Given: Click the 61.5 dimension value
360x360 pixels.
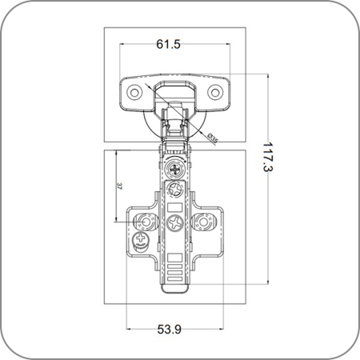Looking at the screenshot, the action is [x=168, y=44].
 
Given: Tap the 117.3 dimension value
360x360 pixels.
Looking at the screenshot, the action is [x=268, y=157].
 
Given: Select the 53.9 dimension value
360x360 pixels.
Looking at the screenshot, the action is [x=169, y=329].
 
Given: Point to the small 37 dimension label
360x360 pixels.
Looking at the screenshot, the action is [x=119, y=186].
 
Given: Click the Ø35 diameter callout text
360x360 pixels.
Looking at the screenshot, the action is [x=213, y=138].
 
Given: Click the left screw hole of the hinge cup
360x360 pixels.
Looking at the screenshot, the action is [x=134, y=93].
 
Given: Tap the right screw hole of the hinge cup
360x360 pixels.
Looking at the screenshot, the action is [x=215, y=92].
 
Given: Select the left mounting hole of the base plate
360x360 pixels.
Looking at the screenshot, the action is [x=146, y=222].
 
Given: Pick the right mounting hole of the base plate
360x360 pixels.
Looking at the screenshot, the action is [x=203, y=222].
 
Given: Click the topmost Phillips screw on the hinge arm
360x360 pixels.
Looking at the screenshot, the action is [x=175, y=170].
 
